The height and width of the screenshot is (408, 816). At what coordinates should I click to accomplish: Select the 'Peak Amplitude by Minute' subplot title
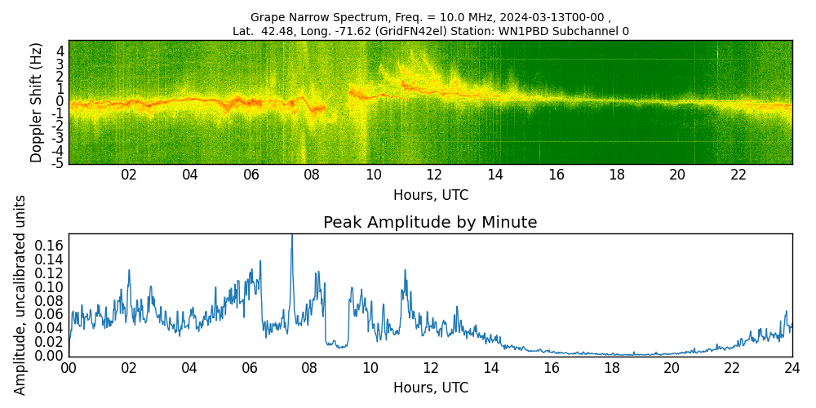coord(430,223)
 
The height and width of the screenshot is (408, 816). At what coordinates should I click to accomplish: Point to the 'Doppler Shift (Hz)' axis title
coord(36,102)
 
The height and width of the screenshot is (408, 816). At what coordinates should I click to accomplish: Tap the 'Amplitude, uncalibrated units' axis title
coord(20,295)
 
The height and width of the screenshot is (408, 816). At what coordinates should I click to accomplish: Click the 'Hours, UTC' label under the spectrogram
coord(430,196)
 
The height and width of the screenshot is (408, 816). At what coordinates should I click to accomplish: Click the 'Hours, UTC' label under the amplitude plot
coord(430,388)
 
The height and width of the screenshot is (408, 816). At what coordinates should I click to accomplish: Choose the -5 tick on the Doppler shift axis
coord(57,163)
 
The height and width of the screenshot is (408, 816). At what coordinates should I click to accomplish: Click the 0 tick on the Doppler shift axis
coord(60,101)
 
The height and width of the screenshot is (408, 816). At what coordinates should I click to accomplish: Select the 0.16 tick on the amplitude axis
coord(49,246)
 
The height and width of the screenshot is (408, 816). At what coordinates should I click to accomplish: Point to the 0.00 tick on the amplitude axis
coord(49,356)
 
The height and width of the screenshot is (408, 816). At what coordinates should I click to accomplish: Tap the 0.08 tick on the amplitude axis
coord(49,300)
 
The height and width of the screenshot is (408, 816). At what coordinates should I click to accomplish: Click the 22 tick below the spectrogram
coord(738,175)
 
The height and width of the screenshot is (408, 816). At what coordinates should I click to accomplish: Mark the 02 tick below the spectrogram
coord(129,175)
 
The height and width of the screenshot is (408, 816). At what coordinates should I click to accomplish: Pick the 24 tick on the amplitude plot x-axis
coord(792,367)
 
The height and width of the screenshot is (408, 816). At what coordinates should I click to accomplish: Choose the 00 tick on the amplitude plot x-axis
coord(69,367)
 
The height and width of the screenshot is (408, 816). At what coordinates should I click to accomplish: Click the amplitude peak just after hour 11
coord(404,270)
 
